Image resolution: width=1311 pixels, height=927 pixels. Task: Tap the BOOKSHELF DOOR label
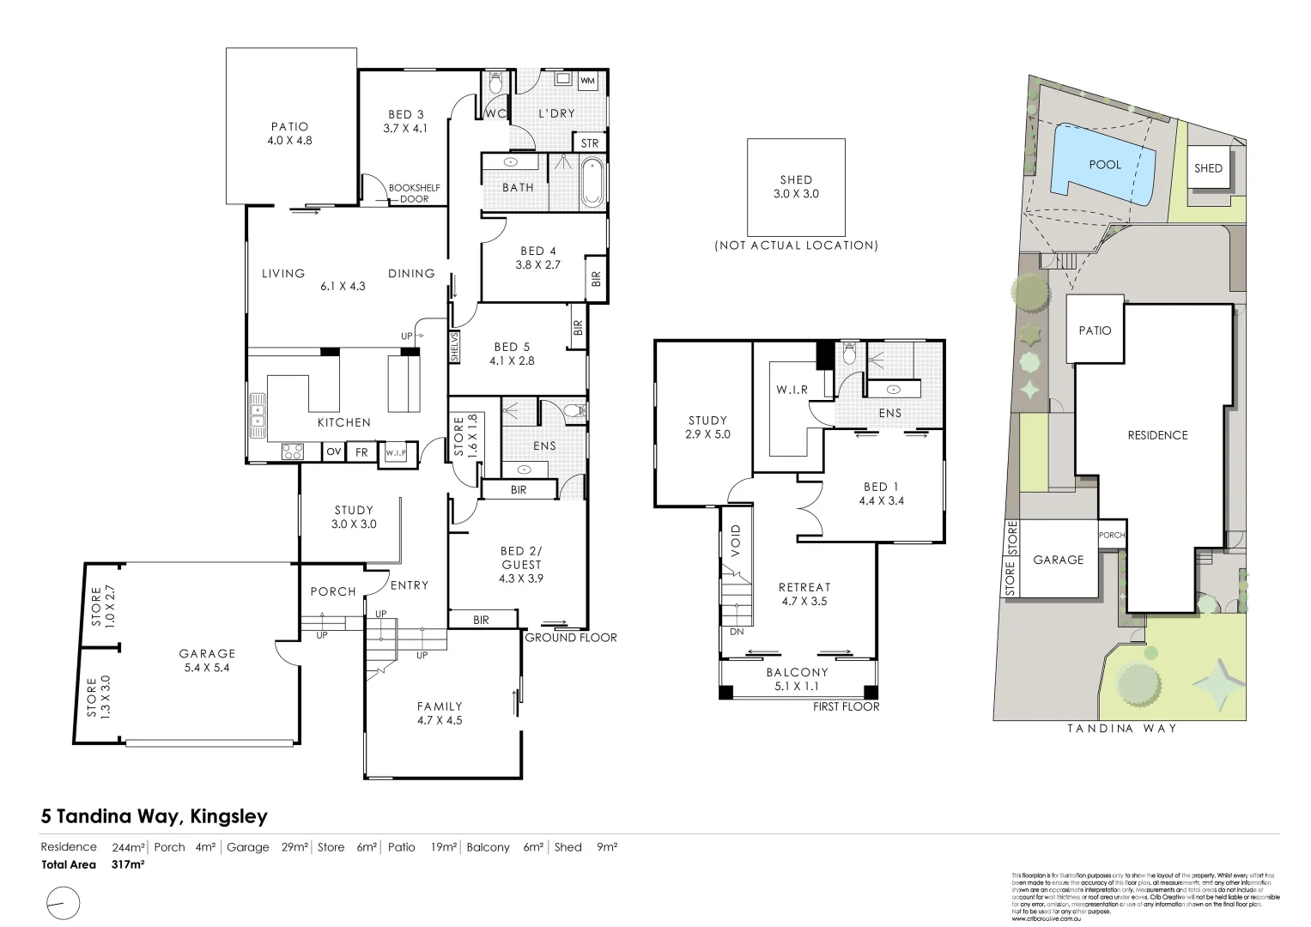tap(408, 193)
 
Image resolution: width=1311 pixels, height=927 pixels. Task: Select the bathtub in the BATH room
tap(592, 183)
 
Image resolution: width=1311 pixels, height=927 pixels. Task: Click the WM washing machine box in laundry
tap(588, 81)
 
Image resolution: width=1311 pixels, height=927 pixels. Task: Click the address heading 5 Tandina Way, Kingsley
tap(155, 816)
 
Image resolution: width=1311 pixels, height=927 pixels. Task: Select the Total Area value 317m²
tap(128, 865)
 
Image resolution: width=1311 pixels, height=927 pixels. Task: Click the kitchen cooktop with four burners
tap(293, 451)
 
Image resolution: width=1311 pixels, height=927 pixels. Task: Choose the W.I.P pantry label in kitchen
tap(396, 452)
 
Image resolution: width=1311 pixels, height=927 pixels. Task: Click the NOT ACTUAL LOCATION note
tap(796, 245)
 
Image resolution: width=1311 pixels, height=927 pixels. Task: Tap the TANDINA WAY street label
tap(1121, 728)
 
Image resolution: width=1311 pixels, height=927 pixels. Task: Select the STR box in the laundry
tap(589, 143)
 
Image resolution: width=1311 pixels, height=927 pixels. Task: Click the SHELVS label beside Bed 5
tap(454, 348)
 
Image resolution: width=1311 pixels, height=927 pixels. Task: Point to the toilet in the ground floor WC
tap(495, 84)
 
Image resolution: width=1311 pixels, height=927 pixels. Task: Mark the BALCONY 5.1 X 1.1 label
tap(797, 679)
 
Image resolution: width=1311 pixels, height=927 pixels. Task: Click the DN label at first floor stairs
tap(736, 631)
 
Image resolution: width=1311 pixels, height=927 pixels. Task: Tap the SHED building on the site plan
tap(1207, 168)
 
